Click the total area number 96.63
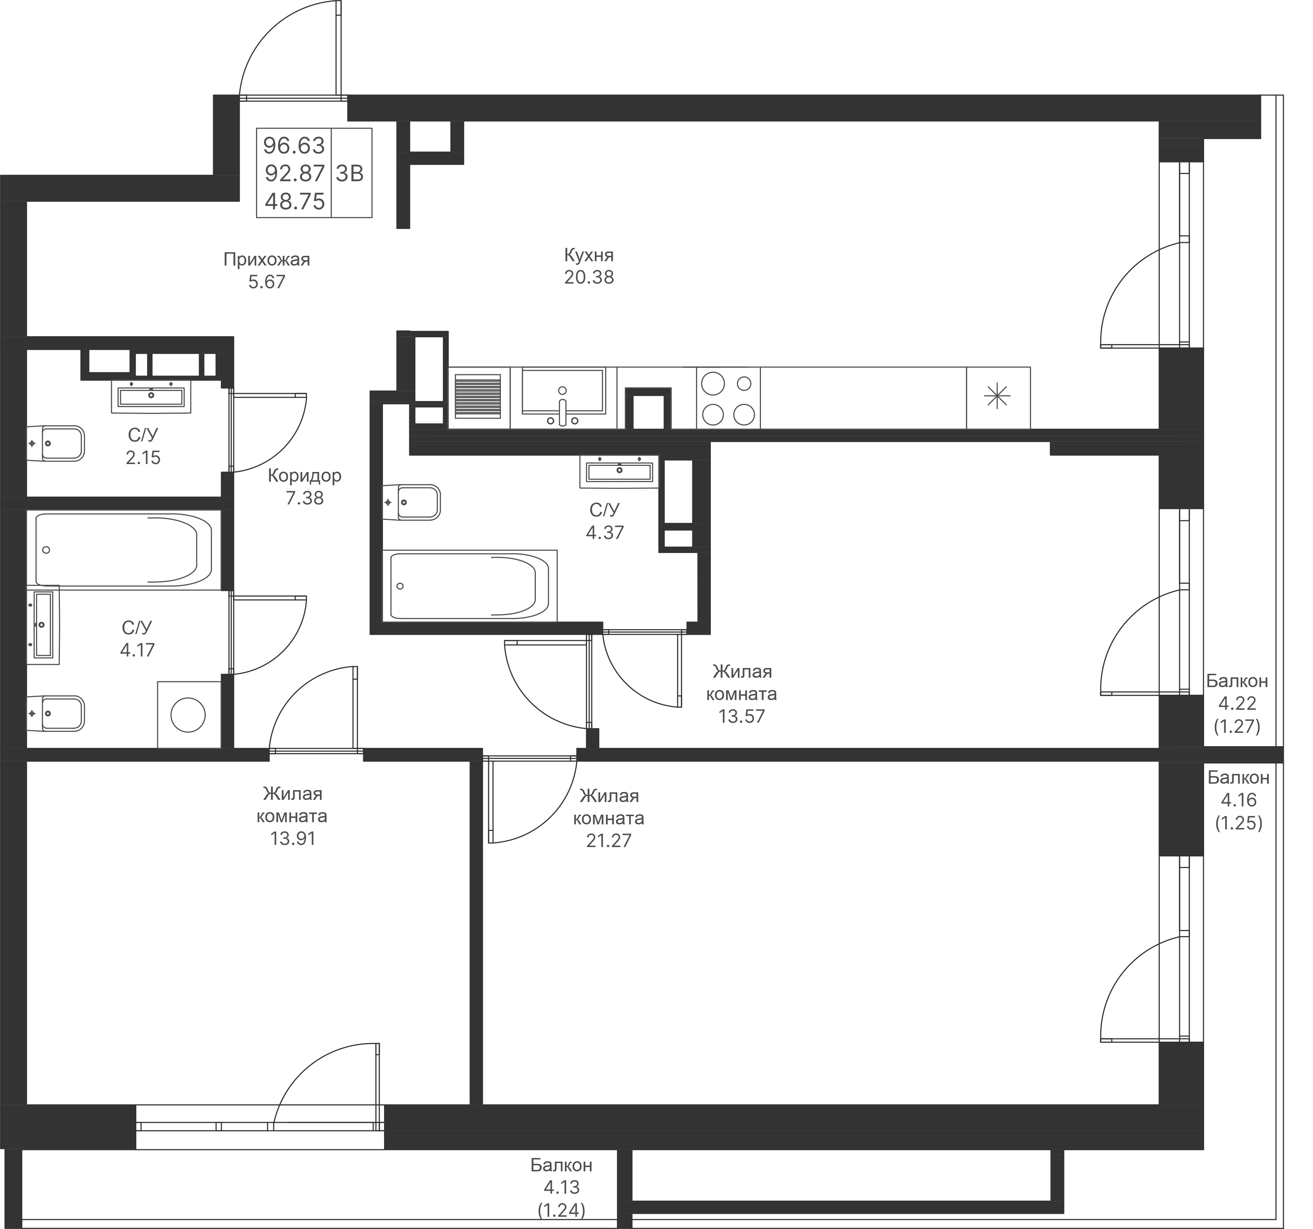click(294, 144)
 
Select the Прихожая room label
click(266, 259)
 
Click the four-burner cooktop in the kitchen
click(728, 398)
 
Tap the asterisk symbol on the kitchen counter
click(997, 397)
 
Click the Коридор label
click(304, 475)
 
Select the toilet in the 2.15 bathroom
click(57, 443)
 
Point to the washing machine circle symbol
click(188, 715)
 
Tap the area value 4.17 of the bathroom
click(137, 650)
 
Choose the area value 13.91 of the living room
click(292, 838)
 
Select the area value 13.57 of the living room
click(742, 716)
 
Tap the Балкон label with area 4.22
click(1237, 681)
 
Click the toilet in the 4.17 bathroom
click(57, 713)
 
